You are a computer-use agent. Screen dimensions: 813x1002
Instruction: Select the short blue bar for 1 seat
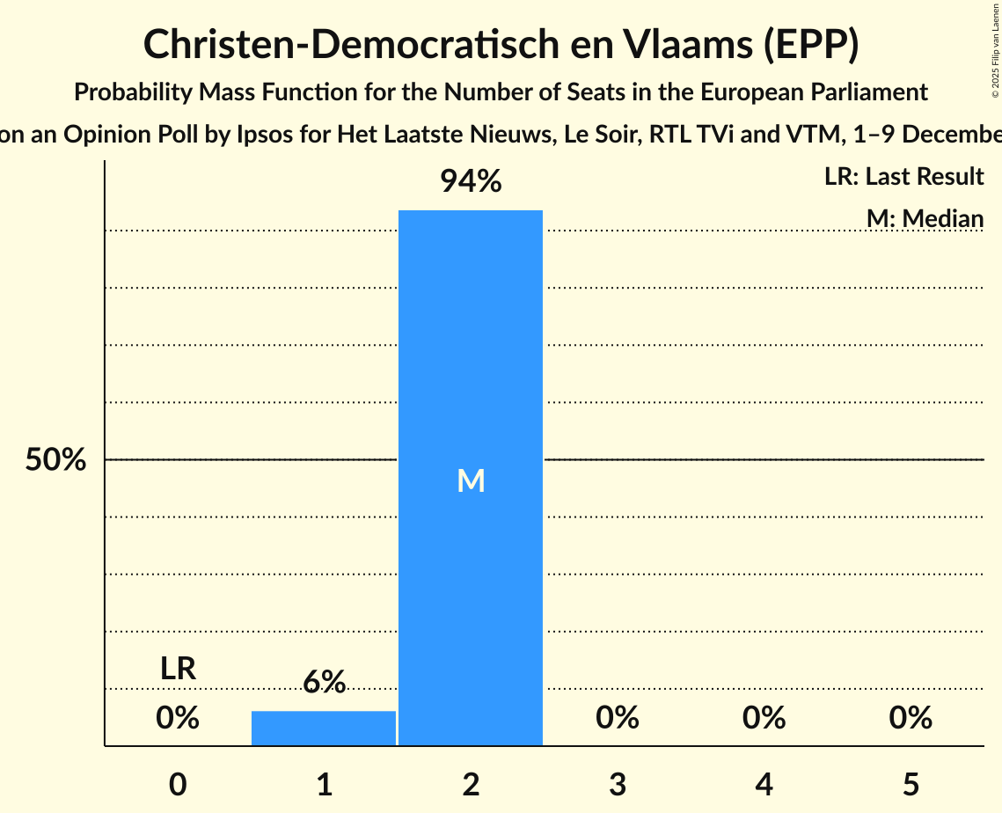tap(324, 728)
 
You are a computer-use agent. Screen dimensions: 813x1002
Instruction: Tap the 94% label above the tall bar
tap(471, 182)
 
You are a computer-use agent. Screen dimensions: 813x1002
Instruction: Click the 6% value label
tap(324, 682)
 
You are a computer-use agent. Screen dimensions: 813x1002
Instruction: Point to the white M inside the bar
tap(471, 481)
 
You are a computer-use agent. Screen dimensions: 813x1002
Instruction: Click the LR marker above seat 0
tap(178, 669)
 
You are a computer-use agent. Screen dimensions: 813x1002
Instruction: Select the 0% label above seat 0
tap(178, 718)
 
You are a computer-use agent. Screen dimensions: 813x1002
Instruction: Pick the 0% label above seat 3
tap(617, 718)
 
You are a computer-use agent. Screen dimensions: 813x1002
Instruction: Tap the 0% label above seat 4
tap(764, 718)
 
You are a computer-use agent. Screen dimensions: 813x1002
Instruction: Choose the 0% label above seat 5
tap(910, 718)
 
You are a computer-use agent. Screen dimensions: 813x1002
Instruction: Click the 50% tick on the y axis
tap(55, 459)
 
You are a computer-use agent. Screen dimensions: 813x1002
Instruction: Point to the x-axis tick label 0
tap(178, 784)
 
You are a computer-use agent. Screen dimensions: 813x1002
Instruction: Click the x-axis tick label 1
tap(324, 784)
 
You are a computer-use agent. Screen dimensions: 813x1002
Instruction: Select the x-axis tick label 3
tap(617, 784)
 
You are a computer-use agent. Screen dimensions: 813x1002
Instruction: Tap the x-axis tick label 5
tap(910, 784)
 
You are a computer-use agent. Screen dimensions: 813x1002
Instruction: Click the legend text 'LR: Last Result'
tap(903, 177)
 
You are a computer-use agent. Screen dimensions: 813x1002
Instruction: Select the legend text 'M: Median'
tap(925, 218)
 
